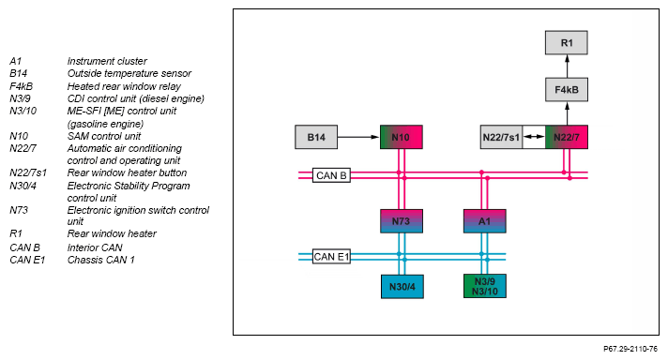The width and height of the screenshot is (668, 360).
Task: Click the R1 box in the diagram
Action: coord(566,42)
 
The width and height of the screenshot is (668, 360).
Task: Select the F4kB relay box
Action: coord(567,90)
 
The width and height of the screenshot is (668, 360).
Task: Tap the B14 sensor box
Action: coord(316,137)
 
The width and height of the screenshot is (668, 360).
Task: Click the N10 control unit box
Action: coord(402,137)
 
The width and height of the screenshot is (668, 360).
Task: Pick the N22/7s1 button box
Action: coord(501,137)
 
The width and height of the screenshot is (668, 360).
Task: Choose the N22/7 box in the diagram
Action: coord(567,137)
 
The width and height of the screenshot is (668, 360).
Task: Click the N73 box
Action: coord(402,221)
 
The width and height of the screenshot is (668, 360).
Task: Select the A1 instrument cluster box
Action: coord(485,221)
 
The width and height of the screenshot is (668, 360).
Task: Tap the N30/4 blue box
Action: coord(402,286)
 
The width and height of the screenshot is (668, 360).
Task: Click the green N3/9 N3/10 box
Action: coord(485,286)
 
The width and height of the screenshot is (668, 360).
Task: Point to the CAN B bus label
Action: coord(331,175)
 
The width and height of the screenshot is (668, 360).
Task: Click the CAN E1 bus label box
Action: coord(331,257)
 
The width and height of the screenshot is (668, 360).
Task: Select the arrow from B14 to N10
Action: coord(358,137)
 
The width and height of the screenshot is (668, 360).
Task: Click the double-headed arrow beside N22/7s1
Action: coord(534,137)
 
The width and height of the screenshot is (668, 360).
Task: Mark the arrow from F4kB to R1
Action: coord(567,66)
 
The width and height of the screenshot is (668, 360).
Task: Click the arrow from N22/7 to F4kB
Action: coord(567,113)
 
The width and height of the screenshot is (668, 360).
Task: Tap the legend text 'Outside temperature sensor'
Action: coord(129,74)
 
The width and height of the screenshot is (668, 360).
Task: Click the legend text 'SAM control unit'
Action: coord(104,136)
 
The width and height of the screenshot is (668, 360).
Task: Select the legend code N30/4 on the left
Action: coord(23,186)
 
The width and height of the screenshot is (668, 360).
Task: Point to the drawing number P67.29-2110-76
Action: coord(630,349)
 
